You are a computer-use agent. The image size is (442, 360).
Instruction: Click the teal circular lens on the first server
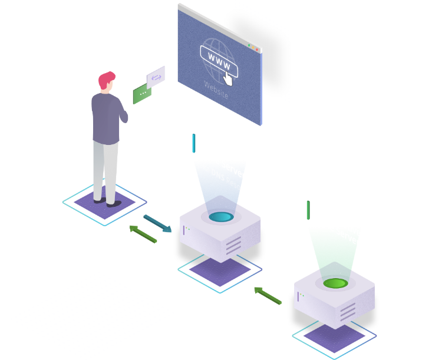tap(220, 217)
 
